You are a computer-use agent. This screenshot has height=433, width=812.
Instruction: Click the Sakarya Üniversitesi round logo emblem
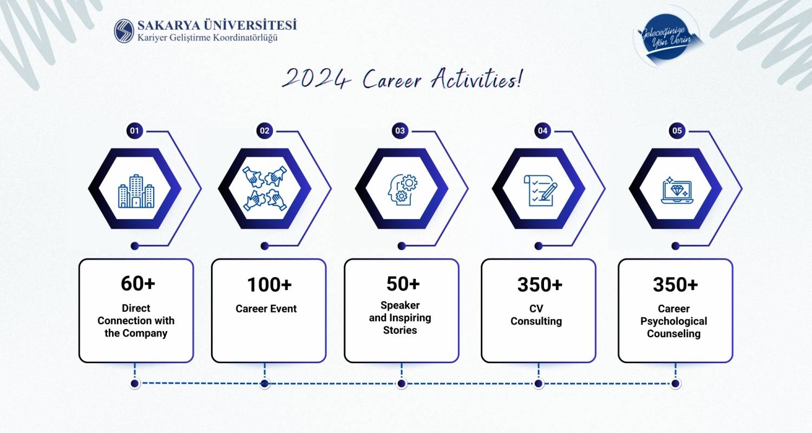point(124,31)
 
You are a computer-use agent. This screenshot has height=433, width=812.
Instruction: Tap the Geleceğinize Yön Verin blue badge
point(667,37)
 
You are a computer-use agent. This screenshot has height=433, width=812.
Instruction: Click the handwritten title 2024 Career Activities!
point(402,78)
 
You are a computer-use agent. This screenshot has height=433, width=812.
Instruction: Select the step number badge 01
point(134,130)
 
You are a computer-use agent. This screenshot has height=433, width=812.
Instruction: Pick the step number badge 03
point(400,130)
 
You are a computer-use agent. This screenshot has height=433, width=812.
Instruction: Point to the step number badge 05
point(677,130)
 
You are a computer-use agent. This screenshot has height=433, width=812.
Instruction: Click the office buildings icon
point(136,191)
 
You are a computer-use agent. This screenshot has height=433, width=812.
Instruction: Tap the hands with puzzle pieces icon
point(265,188)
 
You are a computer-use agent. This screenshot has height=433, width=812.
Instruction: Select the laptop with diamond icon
point(677,190)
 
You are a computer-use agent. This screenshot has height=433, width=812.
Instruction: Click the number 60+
point(137,283)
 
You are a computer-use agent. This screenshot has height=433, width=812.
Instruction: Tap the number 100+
point(269,285)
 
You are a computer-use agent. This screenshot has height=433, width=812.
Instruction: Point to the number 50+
point(403,284)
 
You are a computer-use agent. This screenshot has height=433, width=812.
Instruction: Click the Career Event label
point(266,309)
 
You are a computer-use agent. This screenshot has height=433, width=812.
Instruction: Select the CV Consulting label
point(536,315)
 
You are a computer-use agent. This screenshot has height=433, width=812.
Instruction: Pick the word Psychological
point(673,321)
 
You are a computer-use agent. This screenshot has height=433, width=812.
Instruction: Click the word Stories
point(400,330)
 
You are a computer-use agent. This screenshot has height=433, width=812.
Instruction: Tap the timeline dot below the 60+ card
point(135,383)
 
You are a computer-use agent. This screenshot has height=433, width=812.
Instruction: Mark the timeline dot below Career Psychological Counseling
point(676,383)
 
